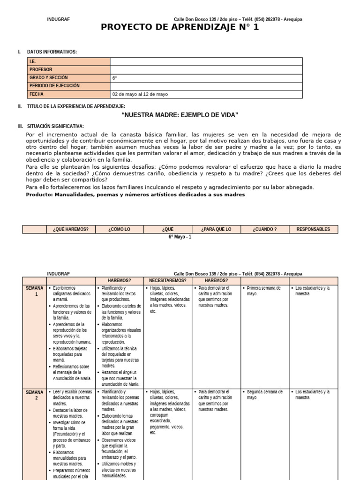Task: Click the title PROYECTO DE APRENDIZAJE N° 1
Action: point(180,27)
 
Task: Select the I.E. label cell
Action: point(68,61)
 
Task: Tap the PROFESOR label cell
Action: point(68,69)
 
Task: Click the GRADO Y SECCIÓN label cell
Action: point(68,78)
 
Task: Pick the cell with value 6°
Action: point(206,78)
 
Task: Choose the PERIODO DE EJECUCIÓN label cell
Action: point(68,86)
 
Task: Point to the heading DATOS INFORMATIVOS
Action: point(52,52)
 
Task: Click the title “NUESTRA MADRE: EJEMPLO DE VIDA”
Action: point(180,115)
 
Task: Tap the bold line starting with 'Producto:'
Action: point(135,195)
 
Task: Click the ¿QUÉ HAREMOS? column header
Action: point(71,229)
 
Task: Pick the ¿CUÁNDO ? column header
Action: point(264,229)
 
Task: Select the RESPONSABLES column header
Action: point(313,229)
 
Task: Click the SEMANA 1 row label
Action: point(34,291)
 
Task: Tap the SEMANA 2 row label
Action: point(34,395)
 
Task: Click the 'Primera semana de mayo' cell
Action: point(263,291)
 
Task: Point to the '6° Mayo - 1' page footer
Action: point(180,237)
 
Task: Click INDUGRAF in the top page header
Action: point(59,19)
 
